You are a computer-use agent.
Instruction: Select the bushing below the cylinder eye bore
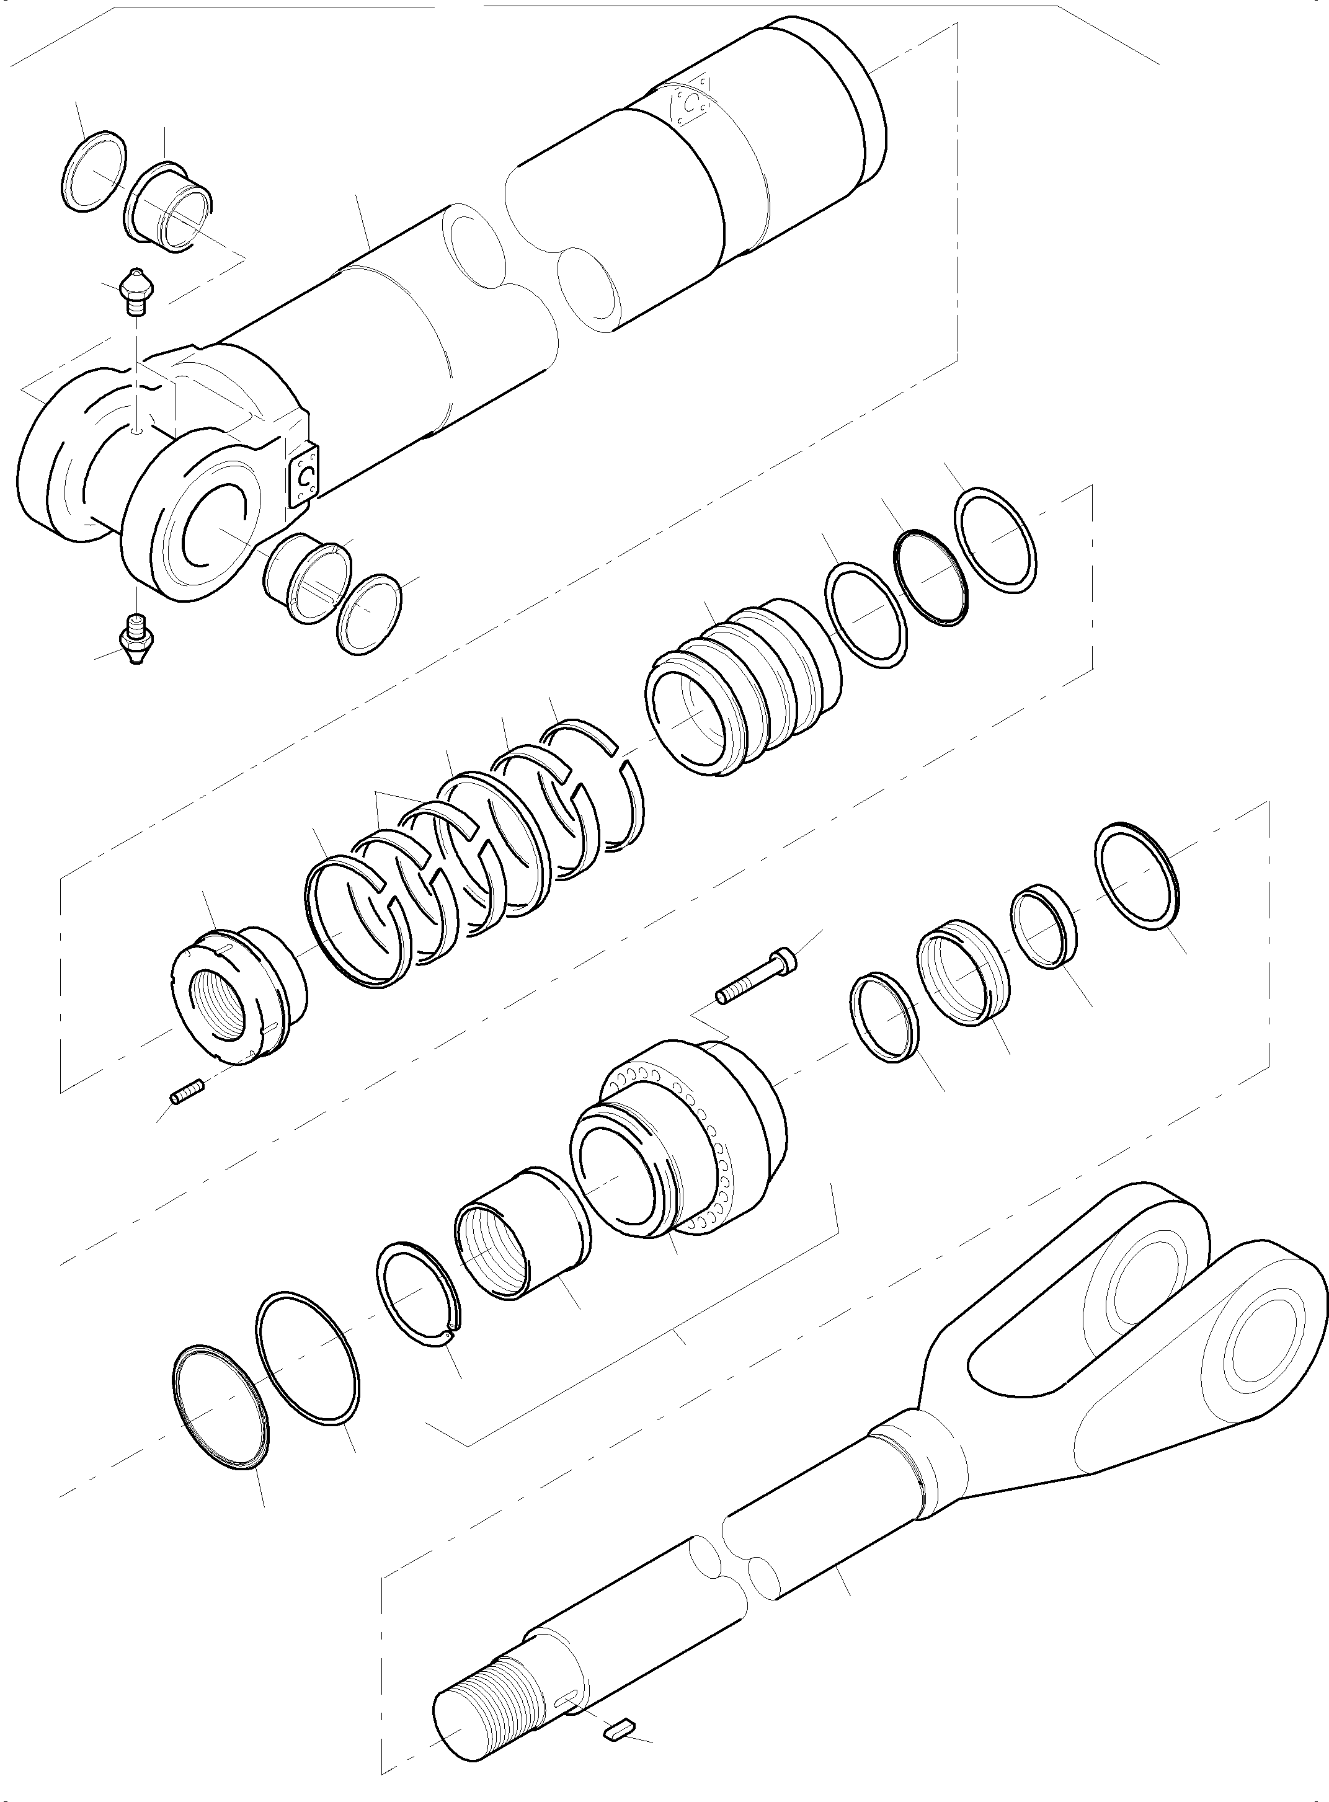click(308, 577)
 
